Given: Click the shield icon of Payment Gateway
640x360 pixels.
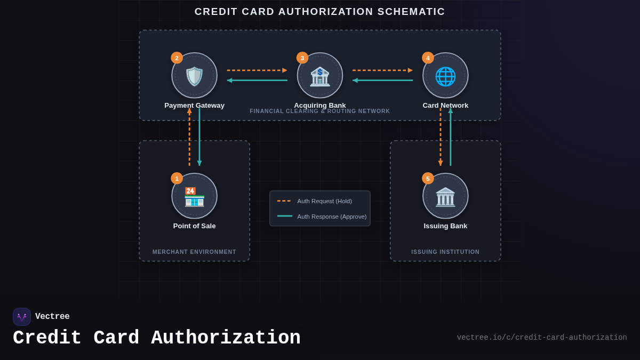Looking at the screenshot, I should pos(194,76).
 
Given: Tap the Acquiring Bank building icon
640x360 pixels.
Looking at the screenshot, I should pos(320,76).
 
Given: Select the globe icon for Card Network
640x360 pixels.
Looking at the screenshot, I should pos(445,76).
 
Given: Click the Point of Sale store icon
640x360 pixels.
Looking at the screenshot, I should pos(194,196).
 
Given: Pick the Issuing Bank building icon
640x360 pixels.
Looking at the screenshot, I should pos(445,196).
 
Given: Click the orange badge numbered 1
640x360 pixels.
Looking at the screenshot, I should pos(177,178).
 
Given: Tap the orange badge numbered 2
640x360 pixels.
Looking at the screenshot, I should pos(177,58).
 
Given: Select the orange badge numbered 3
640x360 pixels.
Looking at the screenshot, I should pos(302,58).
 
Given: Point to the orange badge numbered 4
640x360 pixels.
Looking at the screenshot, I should pos(428,58).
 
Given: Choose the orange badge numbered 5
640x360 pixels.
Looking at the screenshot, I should pos(428,178).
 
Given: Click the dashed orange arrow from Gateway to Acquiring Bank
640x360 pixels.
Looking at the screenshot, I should pos(257,70).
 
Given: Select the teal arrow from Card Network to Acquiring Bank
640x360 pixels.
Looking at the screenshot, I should pos(382,80).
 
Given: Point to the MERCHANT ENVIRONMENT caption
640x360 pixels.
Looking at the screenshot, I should pos(194,252).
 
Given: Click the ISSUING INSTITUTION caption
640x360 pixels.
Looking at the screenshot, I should pos(445,252).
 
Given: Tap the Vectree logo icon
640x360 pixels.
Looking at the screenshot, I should pos(22,317).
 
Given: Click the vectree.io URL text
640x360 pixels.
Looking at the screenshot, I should pos(541,338).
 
